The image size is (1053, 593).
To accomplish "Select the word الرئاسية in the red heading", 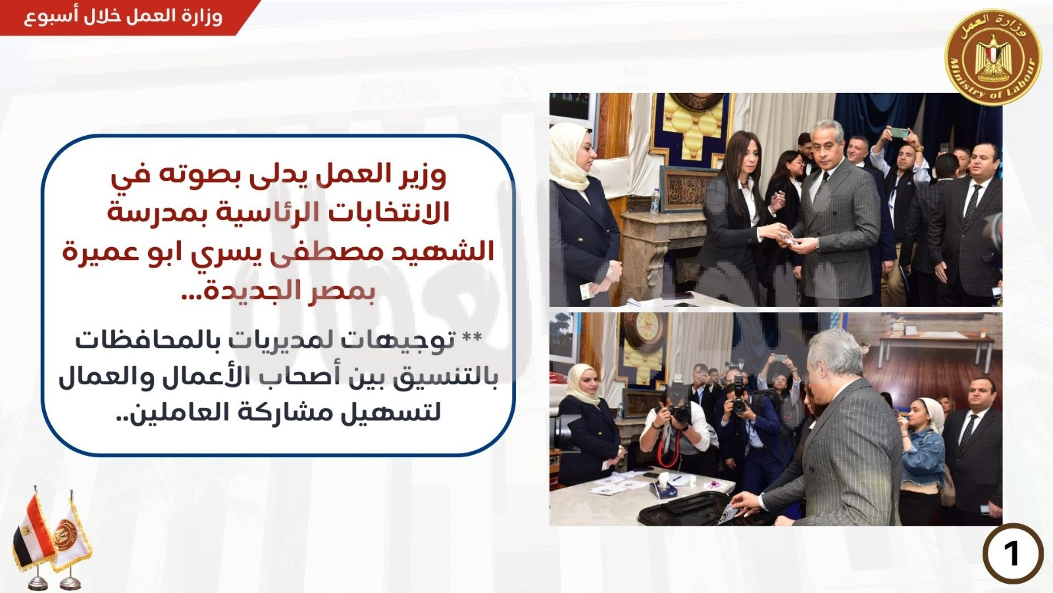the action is [283, 212].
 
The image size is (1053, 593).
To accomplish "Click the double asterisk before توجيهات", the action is [471, 337].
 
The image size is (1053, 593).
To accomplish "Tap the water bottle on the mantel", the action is [655, 201].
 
